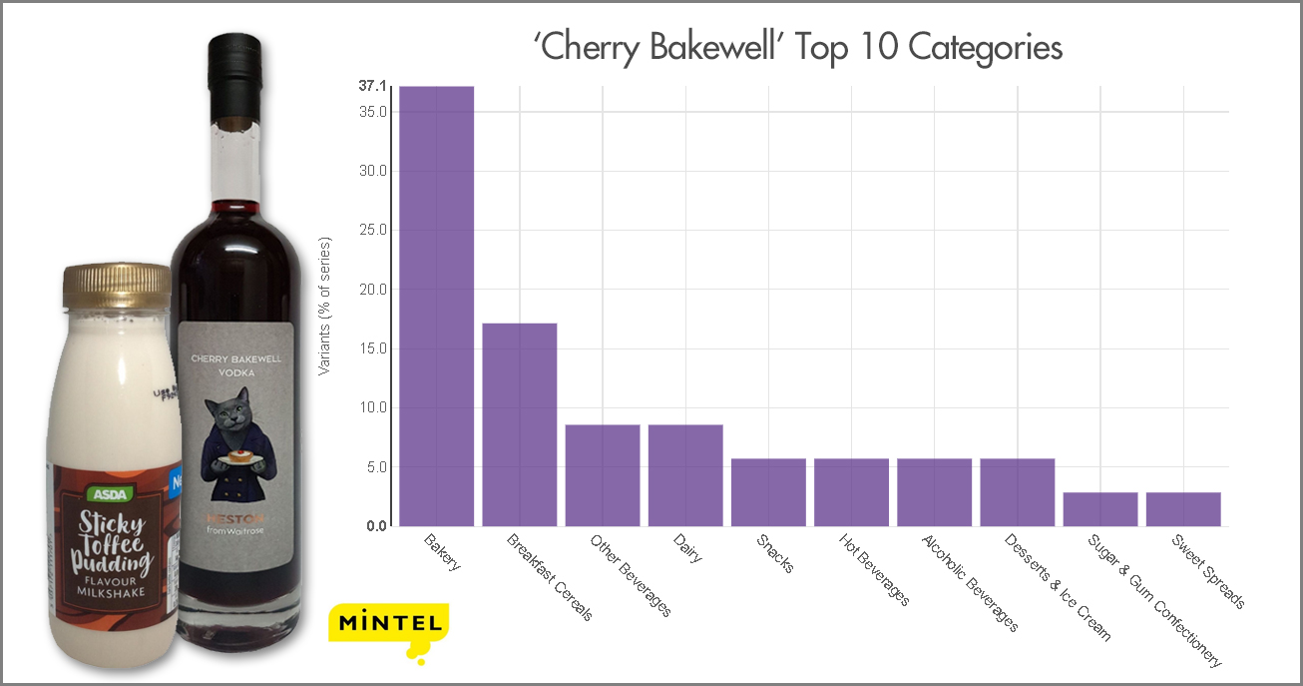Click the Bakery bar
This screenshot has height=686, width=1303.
coord(436,305)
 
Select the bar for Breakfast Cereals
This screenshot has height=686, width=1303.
coord(519,423)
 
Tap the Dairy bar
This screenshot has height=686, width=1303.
coord(684,474)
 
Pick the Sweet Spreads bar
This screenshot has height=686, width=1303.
coord(1182,508)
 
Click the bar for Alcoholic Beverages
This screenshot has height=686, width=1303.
coord(934,491)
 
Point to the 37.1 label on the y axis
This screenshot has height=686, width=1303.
coord(372,87)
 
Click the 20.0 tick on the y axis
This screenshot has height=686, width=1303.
coord(372,290)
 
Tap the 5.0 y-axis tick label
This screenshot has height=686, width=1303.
coord(375,467)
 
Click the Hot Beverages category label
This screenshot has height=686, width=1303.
coord(874,570)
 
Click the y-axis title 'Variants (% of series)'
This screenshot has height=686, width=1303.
coord(324,306)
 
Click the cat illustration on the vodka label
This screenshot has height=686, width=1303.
coord(231,439)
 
